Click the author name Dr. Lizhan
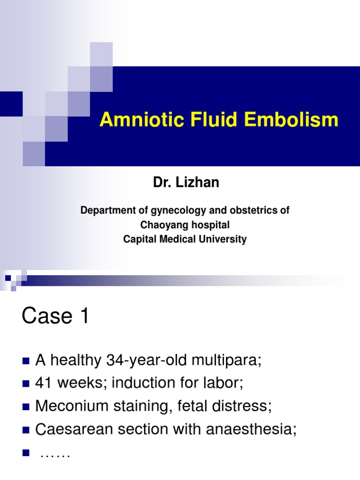[186, 183]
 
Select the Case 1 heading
[55, 317]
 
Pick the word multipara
[225, 361]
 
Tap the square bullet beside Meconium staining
[25, 405]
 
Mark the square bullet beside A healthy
[25, 361]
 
